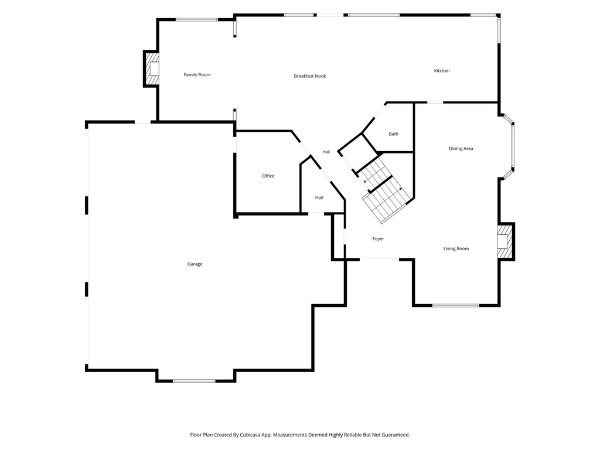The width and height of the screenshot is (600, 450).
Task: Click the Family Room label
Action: pyautogui.click(x=197, y=74)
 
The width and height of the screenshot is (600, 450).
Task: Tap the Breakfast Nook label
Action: pyautogui.click(x=310, y=76)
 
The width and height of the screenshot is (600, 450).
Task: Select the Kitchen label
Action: pyautogui.click(x=442, y=71)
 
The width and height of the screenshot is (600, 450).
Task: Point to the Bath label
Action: pyautogui.click(x=393, y=134)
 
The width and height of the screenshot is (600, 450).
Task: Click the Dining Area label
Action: pyautogui.click(x=461, y=148)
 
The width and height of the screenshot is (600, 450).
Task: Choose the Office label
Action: pyautogui.click(x=268, y=176)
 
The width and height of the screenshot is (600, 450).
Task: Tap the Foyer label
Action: pyautogui.click(x=378, y=239)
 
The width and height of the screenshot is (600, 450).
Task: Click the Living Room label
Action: pyautogui.click(x=456, y=248)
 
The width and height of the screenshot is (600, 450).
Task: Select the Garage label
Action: pyautogui.click(x=195, y=264)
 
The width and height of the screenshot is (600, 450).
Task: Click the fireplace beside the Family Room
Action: pyautogui.click(x=151, y=69)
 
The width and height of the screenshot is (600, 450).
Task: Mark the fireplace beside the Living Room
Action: pyautogui.click(x=506, y=242)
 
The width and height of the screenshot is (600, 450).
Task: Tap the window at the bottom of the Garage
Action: pyautogui.click(x=194, y=381)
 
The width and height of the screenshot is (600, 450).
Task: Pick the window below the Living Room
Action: pyautogui.click(x=456, y=305)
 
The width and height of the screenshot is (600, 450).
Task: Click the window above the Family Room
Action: pyautogui.click(x=197, y=19)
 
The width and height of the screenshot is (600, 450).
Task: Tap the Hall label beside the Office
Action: pyautogui.click(x=319, y=198)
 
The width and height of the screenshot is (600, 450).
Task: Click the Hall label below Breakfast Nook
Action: pyautogui.click(x=326, y=152)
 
